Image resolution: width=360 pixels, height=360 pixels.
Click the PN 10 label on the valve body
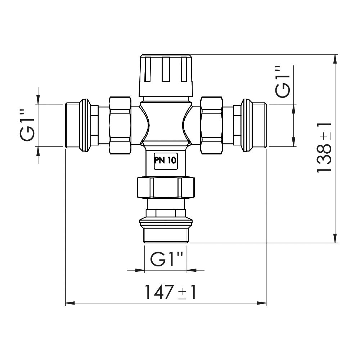tap(166, 161)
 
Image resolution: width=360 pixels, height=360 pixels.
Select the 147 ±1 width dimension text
tap(171, 292)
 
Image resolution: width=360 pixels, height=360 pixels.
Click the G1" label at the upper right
tap(283, 82)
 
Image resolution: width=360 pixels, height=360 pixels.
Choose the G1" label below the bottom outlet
tap(167, 259)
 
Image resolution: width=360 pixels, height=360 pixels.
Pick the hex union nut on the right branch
tap(212, 125)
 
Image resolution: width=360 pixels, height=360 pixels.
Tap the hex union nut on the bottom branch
tap(166, 187)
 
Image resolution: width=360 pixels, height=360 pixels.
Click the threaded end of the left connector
tap(73, 125)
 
